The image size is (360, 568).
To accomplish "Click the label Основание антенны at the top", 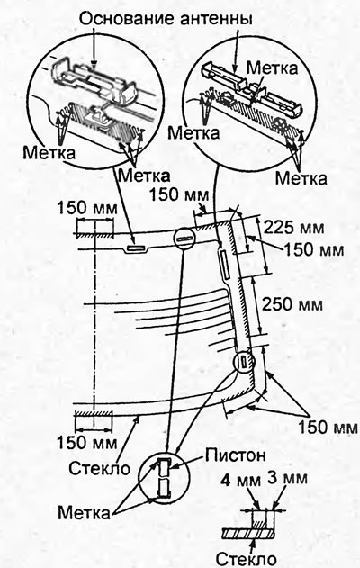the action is coord(166,18).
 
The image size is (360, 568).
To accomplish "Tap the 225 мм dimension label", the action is coord(294,229).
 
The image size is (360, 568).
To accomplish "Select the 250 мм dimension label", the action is coord(292,303).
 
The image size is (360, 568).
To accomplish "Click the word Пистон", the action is coord(236,455).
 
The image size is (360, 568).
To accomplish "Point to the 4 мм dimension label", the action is coord(241,481).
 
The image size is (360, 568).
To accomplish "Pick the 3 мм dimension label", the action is coord(288,478).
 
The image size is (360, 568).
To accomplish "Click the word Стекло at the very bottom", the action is coord(247,559).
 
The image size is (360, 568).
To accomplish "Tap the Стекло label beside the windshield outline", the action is coord(100,468).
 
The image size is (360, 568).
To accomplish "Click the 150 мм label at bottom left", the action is coord(87,442).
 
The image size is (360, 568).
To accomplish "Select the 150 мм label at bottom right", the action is coord(328,428).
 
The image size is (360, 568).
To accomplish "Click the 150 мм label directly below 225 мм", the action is coord(313,249).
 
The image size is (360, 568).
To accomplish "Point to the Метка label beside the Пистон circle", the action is coord(84,513).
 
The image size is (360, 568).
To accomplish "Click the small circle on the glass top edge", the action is coord(184,239).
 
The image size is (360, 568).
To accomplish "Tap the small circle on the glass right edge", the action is coord(244,361).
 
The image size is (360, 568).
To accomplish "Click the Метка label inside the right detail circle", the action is coord(272,68).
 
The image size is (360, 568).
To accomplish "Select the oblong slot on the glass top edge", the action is coord(135,248).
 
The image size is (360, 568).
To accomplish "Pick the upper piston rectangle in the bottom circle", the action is coord(164,467).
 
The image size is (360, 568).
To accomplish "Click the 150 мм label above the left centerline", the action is coord(87,208).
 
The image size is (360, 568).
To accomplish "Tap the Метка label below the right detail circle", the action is coord(301,178).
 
